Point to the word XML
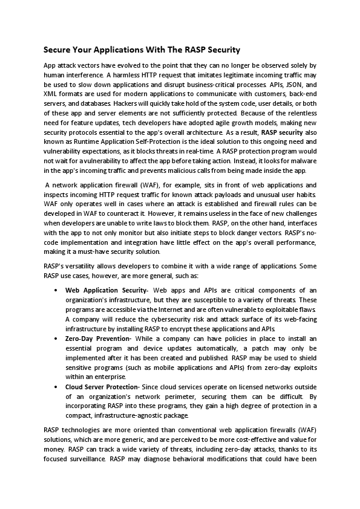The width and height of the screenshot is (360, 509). pyautogui.click(x=51, y=95)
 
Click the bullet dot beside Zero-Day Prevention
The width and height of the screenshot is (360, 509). pyautogui.click(x=56, y=339)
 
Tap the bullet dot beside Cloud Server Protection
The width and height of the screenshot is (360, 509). pyautogui.click(x=56, y=386)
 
